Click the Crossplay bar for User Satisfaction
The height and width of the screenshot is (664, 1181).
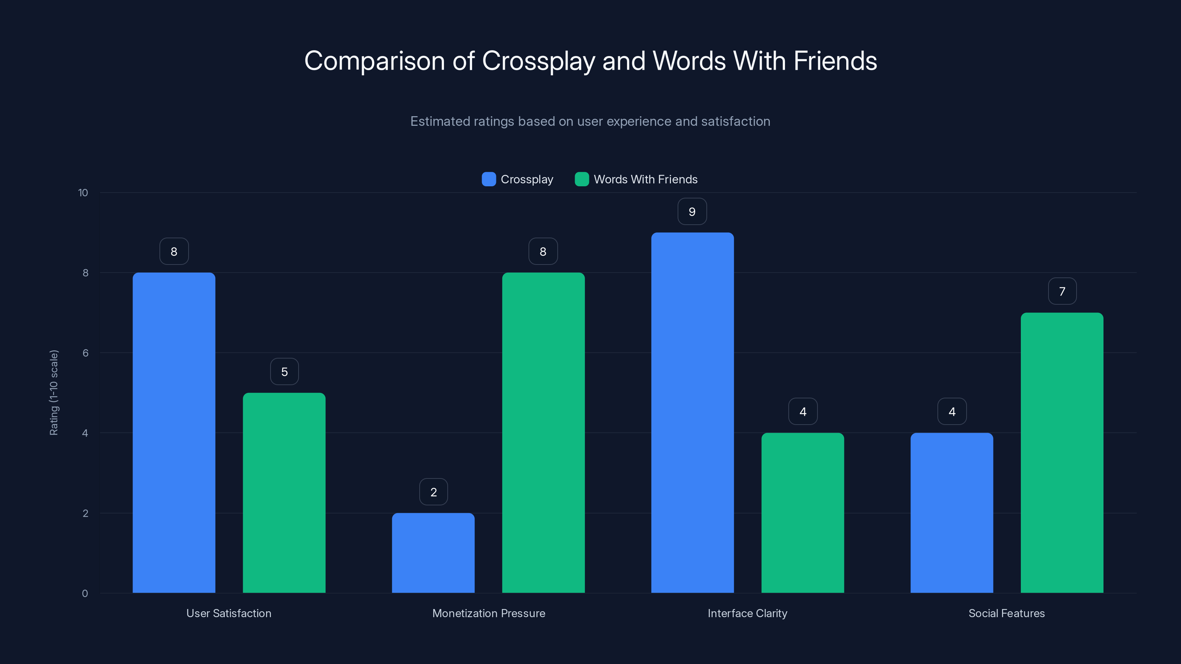pyautogui.click(x=174, y=433)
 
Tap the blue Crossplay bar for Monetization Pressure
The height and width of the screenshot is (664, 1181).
pyautogui.click(x=433, y=553)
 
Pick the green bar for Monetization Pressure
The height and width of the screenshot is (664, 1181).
pyautogui.click(x=543, y=433)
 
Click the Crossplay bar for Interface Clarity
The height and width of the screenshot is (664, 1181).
pyautogui.click(x=692, y=412)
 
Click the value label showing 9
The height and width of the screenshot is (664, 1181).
pyautogui.click(x=692, y=211)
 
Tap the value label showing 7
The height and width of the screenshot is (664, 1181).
pyautogui.click(x=1062, y=291)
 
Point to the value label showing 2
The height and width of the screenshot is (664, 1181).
pyautogui.click(x=433, y=492)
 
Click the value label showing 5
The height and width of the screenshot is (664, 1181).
pyautogui.click(x=284, y=371)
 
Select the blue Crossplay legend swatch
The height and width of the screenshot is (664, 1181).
pyautogui.click(x=489, y=179)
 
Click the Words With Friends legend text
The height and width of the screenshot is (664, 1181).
pyautogui.click(x=645, y=179)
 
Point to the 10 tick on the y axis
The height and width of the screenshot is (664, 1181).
pyautogui.click(x=83, y=193)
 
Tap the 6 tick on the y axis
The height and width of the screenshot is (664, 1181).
pyautogui.click(x=85, y=353)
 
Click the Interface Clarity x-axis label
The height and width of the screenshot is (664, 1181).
pyautogui.click(x=747, y=613)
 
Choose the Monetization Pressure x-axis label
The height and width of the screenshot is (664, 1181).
pyautogui.click(x=489, y=613)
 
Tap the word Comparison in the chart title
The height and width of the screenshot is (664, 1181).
pyautogui.click(x=374, y=60)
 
